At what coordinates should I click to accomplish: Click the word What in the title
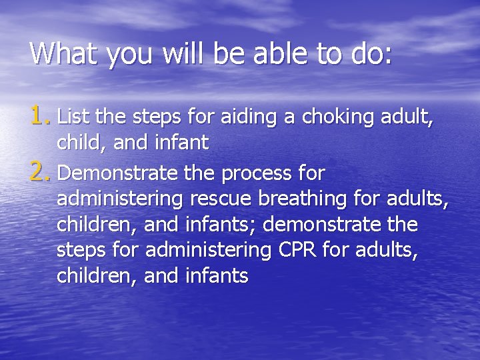62,53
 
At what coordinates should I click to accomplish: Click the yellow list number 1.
40,117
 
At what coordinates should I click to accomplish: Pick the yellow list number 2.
40,174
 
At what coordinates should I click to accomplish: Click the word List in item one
74,118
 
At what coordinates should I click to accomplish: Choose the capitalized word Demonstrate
117,174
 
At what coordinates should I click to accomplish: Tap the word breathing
307,199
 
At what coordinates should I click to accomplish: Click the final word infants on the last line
215,275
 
